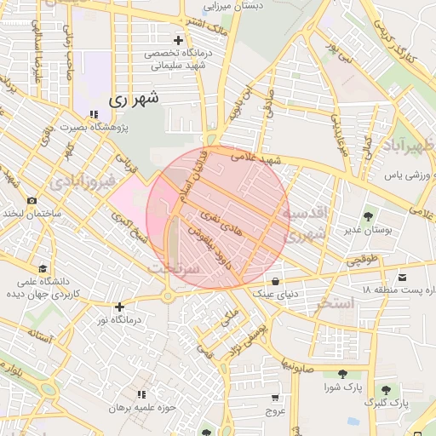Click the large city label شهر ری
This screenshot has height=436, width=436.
134,99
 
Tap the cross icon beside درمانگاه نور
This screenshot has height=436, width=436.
119,307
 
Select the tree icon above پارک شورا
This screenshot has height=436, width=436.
342,374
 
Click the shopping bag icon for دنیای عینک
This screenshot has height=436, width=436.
275,281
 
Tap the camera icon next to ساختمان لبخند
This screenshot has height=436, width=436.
32,201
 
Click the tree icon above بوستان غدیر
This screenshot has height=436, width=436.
368,216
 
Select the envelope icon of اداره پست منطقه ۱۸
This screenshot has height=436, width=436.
402,278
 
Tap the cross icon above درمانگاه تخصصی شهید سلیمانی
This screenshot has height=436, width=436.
178,40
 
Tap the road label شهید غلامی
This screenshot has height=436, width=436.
260,158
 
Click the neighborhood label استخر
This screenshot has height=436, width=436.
335,303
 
